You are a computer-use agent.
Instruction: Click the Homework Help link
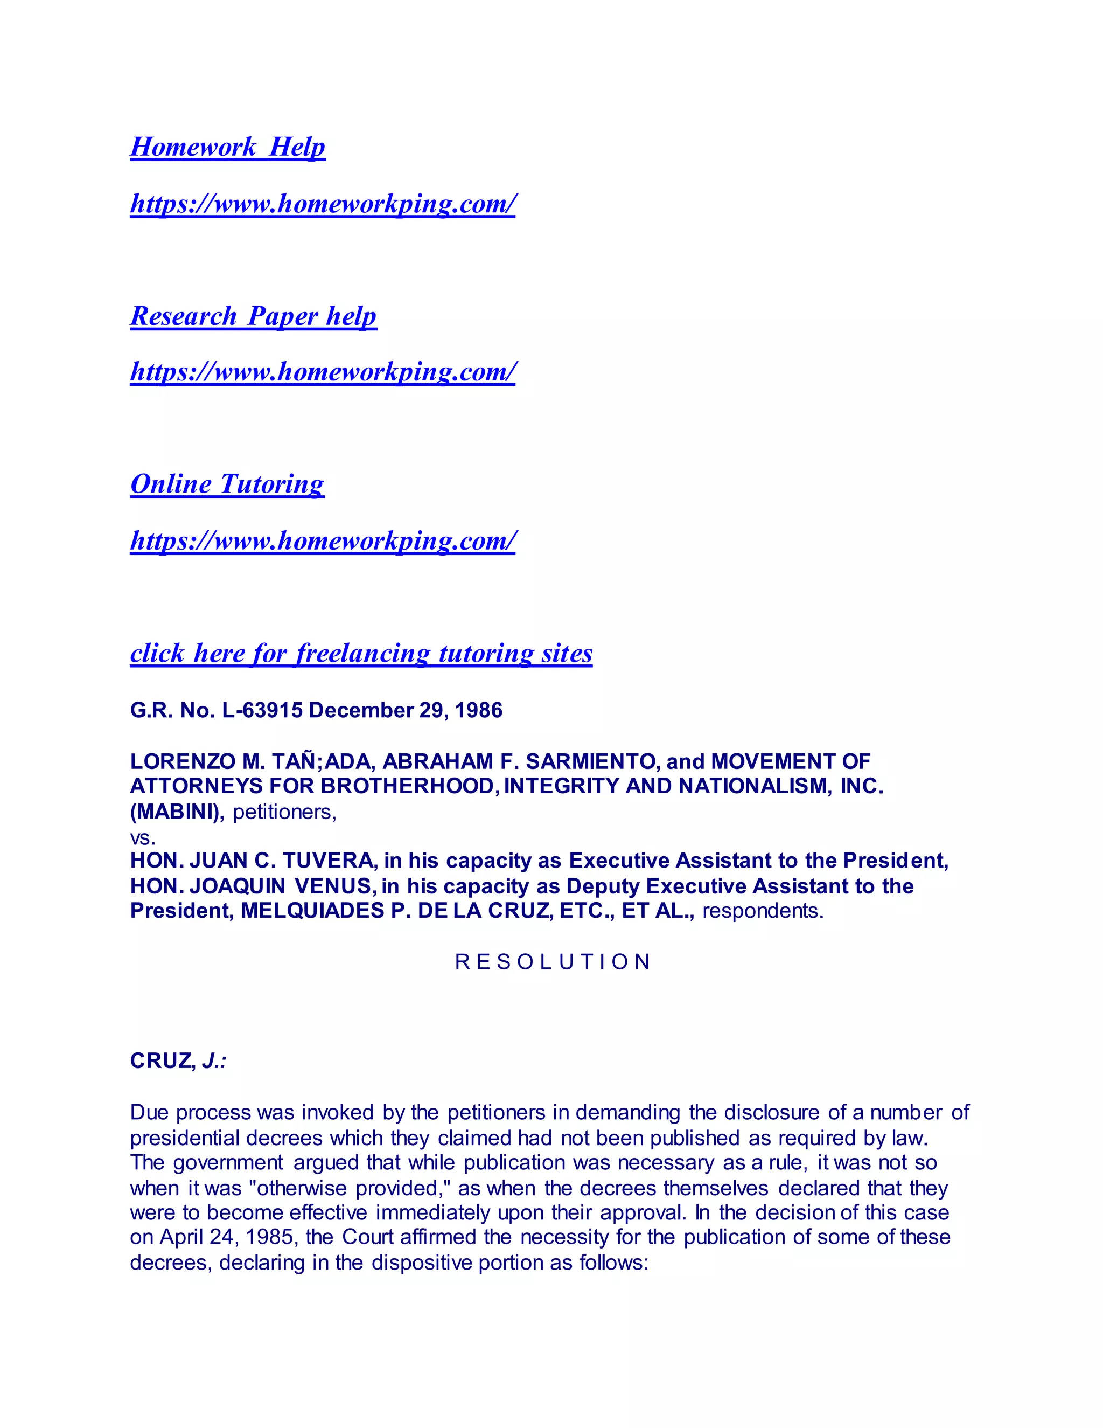coord(227,147)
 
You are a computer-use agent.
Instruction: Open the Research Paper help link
coord(254,316)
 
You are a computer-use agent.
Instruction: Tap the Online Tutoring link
coord(227,484)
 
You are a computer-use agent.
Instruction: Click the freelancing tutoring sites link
coord(361,653)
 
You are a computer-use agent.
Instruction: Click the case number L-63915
coord(263,710)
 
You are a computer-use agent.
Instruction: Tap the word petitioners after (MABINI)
coord(284,812)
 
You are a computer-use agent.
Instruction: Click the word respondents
coord(762,911)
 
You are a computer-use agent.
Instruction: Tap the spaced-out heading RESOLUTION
coord(552,962)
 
